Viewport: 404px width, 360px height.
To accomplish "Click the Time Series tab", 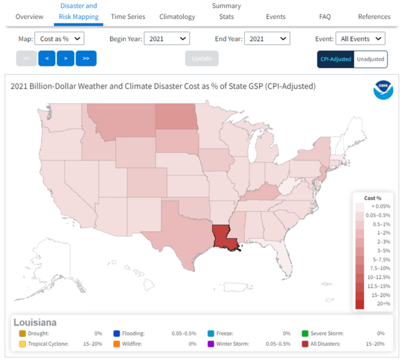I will pos(128,16).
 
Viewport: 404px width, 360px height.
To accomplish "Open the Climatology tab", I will pos(177,16).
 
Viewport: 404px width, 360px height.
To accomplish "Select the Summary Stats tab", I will pos(226,11).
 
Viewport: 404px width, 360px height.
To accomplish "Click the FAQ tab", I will pos(325,16).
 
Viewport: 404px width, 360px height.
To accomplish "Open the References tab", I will pos(374,16).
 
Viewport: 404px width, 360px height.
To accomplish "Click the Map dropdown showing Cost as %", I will pos(59,39).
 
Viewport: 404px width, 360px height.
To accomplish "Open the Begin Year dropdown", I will pos(166,39).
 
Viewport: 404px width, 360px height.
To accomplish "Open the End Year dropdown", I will pos(266,39).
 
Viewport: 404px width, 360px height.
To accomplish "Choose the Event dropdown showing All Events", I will pos(360,39).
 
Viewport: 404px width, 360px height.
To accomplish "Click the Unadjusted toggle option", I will pos(370,59).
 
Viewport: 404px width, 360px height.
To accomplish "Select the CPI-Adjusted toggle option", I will pos(336,59).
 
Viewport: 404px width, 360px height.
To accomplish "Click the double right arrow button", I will pos(86,59).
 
